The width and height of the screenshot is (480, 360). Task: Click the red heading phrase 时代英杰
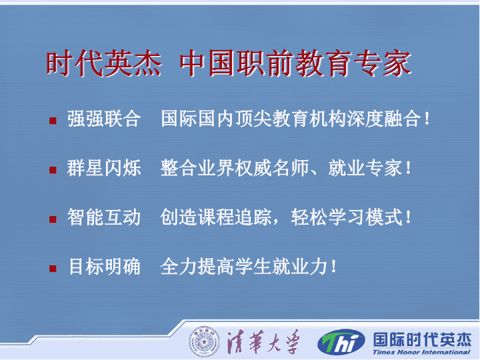click(x=104, y=63)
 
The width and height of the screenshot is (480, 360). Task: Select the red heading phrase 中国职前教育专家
click(x=296, y=63)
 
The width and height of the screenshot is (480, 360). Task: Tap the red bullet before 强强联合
click(x=53, y=121)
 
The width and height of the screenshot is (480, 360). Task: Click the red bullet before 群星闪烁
click(x=53, y=170)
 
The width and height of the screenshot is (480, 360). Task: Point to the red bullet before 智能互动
click(x=53, y=219)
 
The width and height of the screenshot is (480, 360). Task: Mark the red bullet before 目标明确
click(x=53, y=269)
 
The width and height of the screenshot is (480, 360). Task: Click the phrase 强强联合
click(x=104, y=119)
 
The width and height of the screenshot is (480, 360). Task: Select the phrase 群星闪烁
click(x=104, y=168)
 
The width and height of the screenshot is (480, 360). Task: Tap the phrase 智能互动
click(x=104, y=217)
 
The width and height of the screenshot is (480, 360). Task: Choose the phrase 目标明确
click(x=104, y=266)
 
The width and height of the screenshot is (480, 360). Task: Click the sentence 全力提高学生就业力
click(x=244, y=266)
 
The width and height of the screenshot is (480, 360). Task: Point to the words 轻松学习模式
click(x=347, y=217)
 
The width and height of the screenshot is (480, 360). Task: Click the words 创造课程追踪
click(x=216, y=217)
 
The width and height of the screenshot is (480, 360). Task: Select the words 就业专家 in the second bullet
click(x=365, y=168)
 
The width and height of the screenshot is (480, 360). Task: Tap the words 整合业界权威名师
click(x=235, y=168)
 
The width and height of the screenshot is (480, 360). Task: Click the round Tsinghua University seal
click(x=204, y=341)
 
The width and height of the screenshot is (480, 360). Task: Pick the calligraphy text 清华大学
click(x=263, y=341)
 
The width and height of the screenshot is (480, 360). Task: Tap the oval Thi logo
click(x=341, y=342)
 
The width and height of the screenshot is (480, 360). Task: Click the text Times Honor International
click(x=421, y=353)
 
